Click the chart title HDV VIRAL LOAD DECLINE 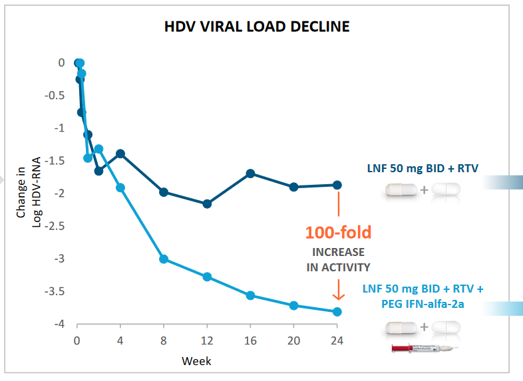coord(257,27)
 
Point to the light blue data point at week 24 coord(337,312)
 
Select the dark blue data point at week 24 coord(337,185)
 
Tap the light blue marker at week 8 coord(164,259)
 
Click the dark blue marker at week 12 coord(207,203)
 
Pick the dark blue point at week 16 coord(250,174)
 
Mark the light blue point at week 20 coord(293,305)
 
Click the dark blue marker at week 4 coord(120,154)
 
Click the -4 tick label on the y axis coord(59,324)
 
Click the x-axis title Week coord(197,361)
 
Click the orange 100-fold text coord(338,232)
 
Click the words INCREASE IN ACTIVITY coord(338,260)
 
